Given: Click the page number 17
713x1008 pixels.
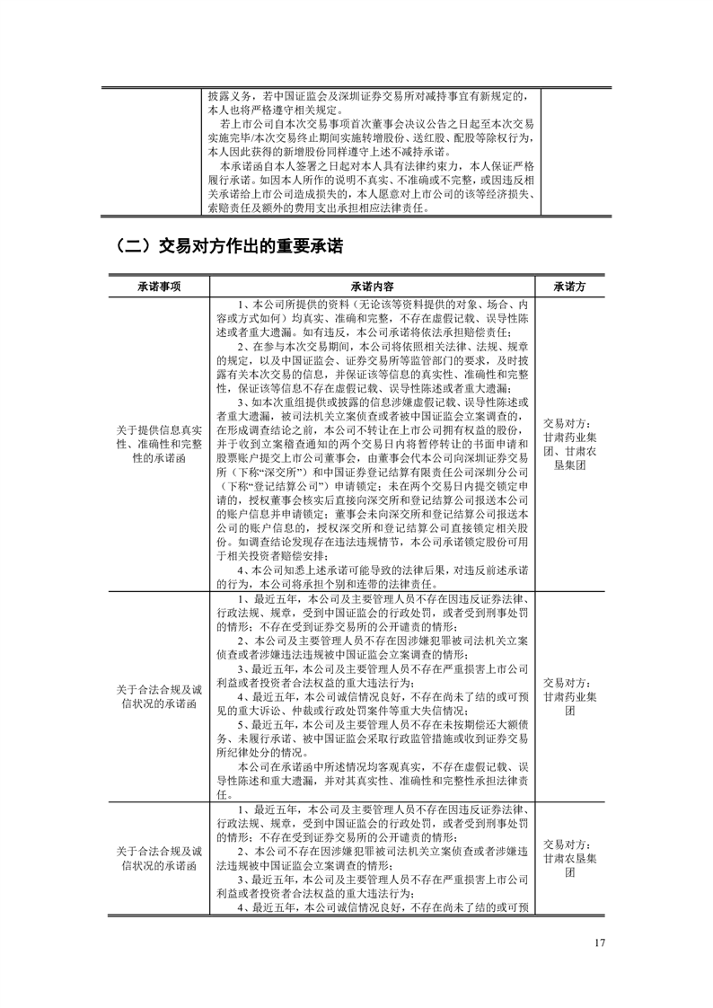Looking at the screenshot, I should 601,943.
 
